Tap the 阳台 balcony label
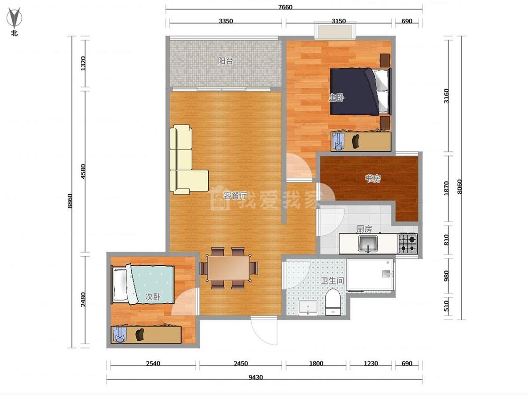pos(225,61)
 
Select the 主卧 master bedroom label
pos(336,98)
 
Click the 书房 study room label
pos(373,178)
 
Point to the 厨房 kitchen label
pos(364,229)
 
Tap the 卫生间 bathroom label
pos(332,280)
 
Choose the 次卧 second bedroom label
pos(152,297)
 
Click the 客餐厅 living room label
pos(236,196)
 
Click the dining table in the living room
pos(229,268)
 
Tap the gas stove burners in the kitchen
pos(408,244)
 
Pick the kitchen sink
pos(368,244)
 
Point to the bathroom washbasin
pos(308,307)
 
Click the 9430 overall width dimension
pos(256,377)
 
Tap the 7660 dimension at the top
pos(285,7)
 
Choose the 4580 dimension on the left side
pos(83,172)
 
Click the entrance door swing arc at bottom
pos(260,336)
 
